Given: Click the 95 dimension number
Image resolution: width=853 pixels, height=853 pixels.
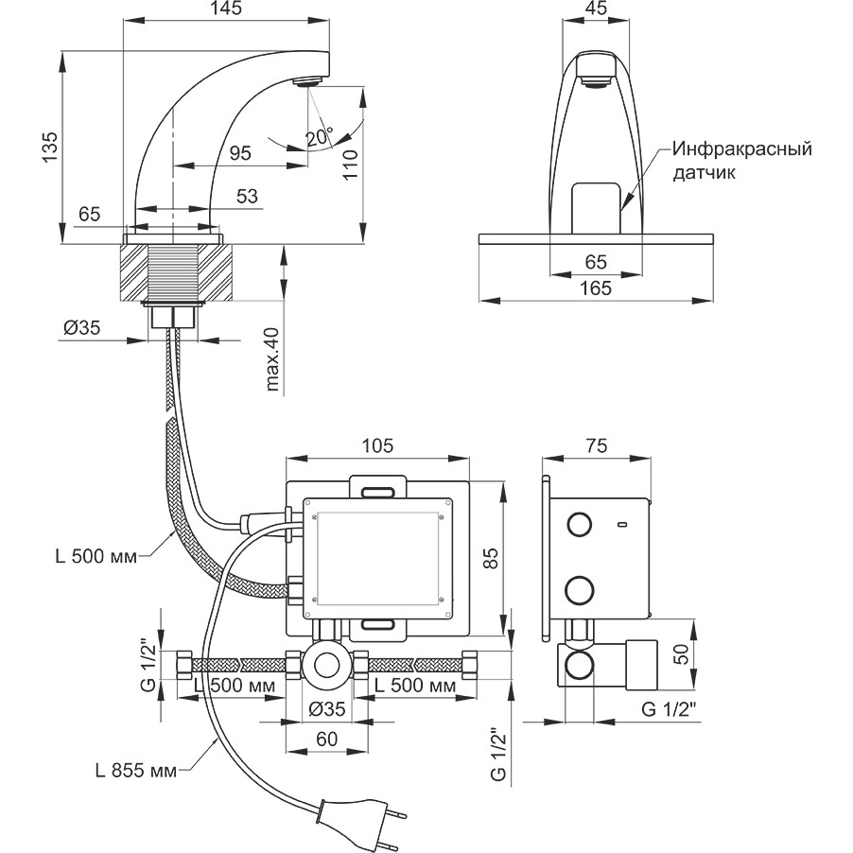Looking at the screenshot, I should coord(241,152).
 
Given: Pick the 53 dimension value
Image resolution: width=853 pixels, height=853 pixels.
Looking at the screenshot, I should coord(247,197).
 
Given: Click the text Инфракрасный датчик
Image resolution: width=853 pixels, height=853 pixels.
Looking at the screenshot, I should coord(742,161).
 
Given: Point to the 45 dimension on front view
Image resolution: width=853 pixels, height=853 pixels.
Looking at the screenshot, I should coord(597,9).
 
